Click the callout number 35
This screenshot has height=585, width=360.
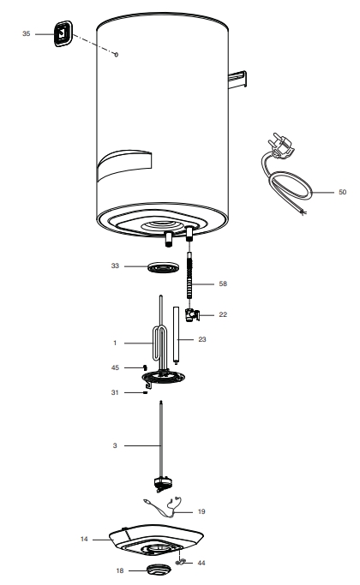(26, 34)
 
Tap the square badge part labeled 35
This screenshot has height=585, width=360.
(63, 33)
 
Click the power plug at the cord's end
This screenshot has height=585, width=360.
(282, 145)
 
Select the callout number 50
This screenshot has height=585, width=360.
(343, 192)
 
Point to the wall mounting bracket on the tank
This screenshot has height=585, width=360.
(237, 79)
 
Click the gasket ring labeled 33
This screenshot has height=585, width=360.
(163, 267)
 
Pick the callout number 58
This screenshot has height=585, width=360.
(223, 284)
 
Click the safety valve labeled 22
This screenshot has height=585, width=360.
(192, 315)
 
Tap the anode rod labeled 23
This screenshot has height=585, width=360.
(176, 335)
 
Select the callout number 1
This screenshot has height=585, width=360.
(115, 343)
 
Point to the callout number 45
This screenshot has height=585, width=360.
(115, 367)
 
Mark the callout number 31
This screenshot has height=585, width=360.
(115, 392)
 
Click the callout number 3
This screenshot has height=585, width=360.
(115, 445)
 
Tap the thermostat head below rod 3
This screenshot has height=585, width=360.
(163, 484)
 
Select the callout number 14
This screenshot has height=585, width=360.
(84, 539)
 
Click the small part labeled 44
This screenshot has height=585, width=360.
(181, 562)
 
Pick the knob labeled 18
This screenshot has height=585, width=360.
(159, 570)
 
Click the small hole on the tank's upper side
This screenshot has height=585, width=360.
(116, 55)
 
